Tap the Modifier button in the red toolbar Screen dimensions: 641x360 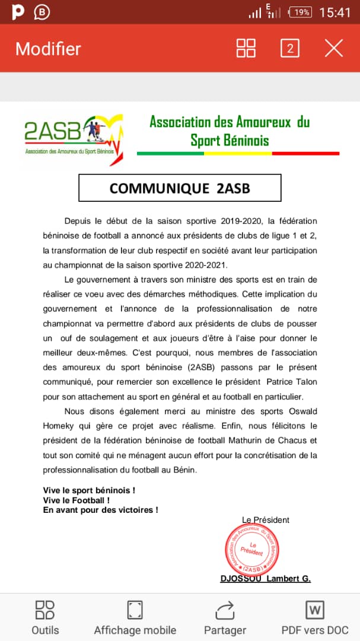(48, 49)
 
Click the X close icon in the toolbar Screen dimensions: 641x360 (334, 49)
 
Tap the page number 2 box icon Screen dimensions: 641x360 (290, 49)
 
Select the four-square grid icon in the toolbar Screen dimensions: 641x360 (246, 49)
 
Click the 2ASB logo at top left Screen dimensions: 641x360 (74, 138)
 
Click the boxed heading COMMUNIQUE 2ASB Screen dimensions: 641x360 (180, 188)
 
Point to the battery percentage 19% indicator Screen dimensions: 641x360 (301, 12)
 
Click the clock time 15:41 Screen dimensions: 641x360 (335, 12)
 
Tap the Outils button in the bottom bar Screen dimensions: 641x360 (45, 617)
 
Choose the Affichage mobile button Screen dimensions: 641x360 (135, 617)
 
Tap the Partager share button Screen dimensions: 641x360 (225, 617)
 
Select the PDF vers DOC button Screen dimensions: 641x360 (314, 617)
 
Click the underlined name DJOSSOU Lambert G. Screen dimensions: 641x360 (265, 579)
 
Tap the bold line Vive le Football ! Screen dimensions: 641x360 (77, 500)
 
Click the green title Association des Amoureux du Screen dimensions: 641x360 (230, 123)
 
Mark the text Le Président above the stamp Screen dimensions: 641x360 (266, 520)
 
